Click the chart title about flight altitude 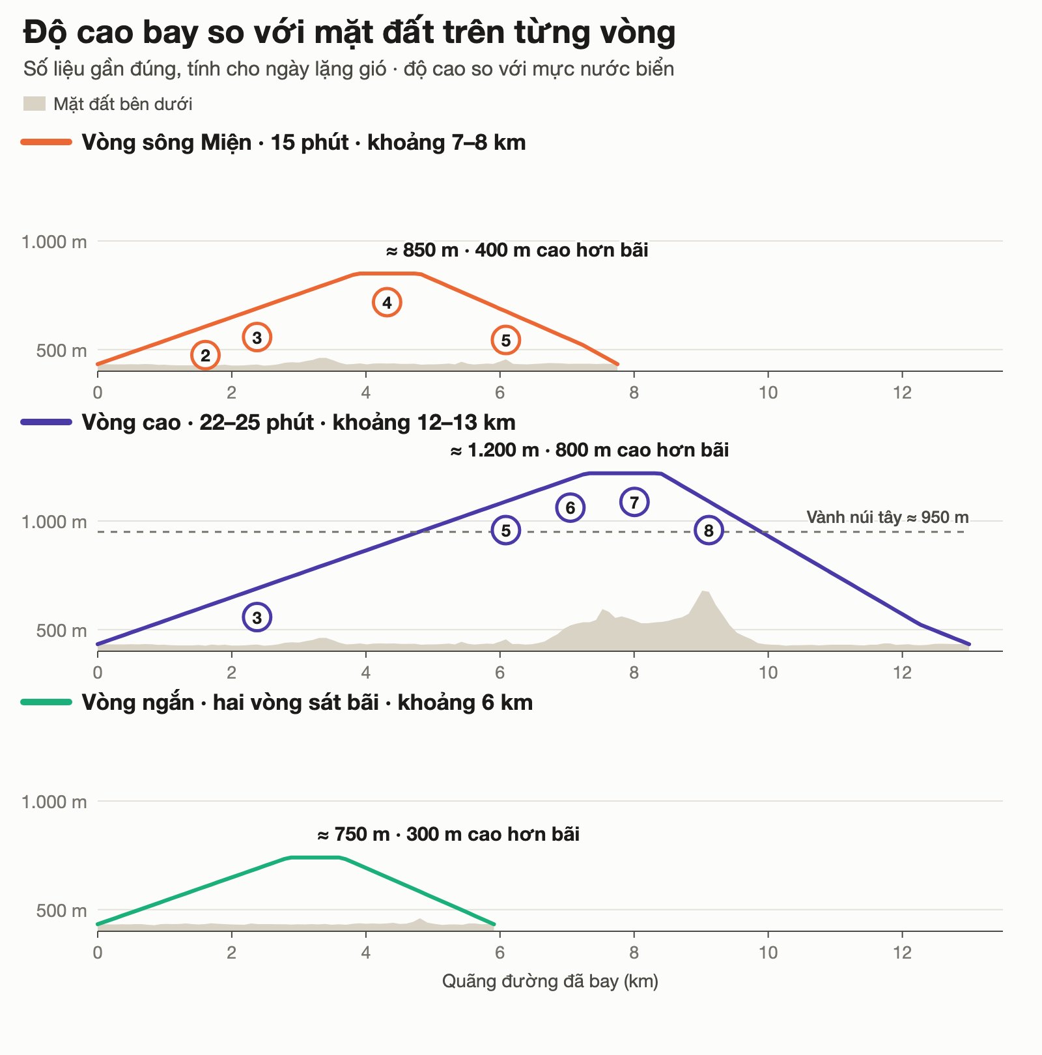350,33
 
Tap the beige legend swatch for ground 35,104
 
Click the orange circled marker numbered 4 387,302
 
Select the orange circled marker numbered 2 205,355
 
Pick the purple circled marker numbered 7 634,502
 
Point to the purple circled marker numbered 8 709,530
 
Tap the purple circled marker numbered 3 257,617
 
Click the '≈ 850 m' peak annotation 517,250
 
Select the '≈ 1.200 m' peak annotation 589,450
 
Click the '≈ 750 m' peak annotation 448,834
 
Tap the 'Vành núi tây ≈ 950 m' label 888,517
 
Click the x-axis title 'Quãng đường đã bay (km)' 550,981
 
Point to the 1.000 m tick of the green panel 54,802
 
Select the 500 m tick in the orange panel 61,350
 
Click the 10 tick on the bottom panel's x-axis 768,953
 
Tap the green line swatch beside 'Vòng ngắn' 46,702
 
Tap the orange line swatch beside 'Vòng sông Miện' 46,142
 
